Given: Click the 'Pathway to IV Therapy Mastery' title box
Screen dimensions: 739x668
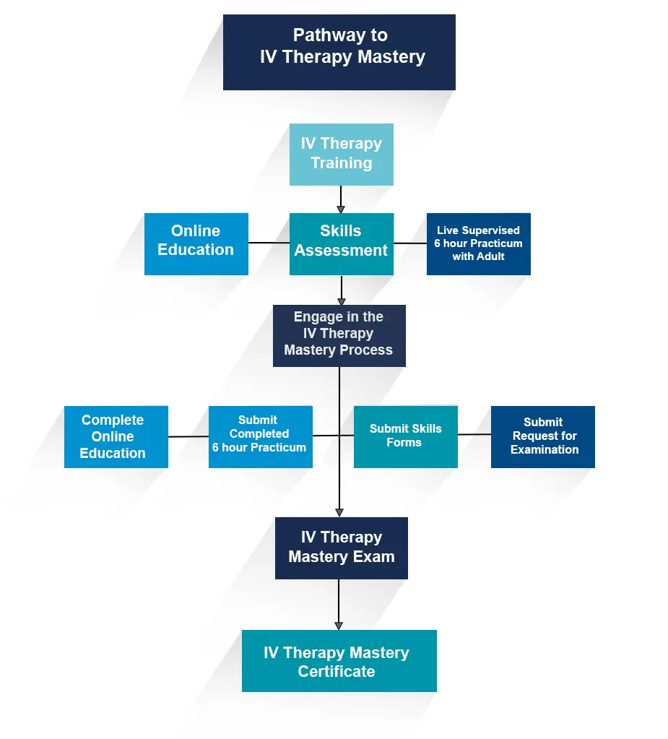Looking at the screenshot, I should click(x=339, y=52).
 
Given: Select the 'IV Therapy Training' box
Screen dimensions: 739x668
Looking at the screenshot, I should click(x=341, y=154).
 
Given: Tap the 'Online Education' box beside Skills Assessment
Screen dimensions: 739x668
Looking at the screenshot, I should click(x=196, y=243).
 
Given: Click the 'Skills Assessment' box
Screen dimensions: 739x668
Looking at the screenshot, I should click(x=341, y=243).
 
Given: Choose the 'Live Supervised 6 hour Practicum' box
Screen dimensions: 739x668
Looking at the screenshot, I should click(x=478, y=243).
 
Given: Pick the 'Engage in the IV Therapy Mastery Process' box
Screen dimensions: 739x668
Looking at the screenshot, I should click(x=339, y=335).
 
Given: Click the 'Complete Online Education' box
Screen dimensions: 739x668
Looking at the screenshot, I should click(x=116, y=436).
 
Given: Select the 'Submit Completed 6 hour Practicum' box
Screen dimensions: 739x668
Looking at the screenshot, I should click(x=260, y=436).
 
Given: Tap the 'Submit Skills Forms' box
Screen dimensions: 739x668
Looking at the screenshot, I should click(x=405, y=436).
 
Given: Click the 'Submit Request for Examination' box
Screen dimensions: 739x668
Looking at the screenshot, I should click(x=542, y=436).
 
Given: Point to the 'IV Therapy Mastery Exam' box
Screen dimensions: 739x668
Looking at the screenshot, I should click(x=341, y=548).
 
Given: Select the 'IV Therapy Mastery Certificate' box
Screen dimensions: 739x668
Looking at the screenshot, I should click(x=339, y=660).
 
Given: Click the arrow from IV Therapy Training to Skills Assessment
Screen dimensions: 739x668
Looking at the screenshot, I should click(x=341, y=199).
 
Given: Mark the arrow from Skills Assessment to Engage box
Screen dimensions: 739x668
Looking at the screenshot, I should click(x=341, y=290).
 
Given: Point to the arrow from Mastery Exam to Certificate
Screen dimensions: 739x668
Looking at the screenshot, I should click(x=339, y=604).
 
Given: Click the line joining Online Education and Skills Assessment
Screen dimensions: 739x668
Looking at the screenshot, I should click(x=269, y=243).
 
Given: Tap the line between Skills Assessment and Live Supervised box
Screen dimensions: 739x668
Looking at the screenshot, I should click(x=410, y=243).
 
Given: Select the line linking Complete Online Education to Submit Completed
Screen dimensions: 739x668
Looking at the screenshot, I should click(x=188, y=436).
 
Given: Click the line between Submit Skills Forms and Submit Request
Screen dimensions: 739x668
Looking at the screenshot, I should click(x=474, y=434).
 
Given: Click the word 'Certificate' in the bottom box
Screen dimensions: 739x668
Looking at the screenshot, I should click(x=337, y=672).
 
